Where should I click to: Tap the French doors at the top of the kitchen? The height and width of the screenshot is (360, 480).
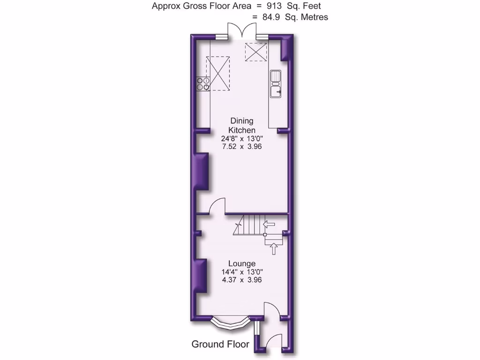242,31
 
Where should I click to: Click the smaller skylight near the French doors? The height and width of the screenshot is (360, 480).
256,52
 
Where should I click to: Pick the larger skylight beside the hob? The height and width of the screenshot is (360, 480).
219,73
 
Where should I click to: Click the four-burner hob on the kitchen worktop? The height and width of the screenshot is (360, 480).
202,83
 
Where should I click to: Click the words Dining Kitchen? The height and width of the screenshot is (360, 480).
242,126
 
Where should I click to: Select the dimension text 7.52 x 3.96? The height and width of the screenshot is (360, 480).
242,146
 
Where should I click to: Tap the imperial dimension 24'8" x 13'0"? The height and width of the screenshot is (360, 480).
242,138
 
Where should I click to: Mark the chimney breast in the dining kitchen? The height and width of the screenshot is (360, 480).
202,171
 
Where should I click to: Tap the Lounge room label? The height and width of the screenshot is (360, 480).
242,264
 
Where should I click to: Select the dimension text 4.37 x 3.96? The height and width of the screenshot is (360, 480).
242,280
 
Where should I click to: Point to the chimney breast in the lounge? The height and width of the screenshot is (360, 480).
202,276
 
